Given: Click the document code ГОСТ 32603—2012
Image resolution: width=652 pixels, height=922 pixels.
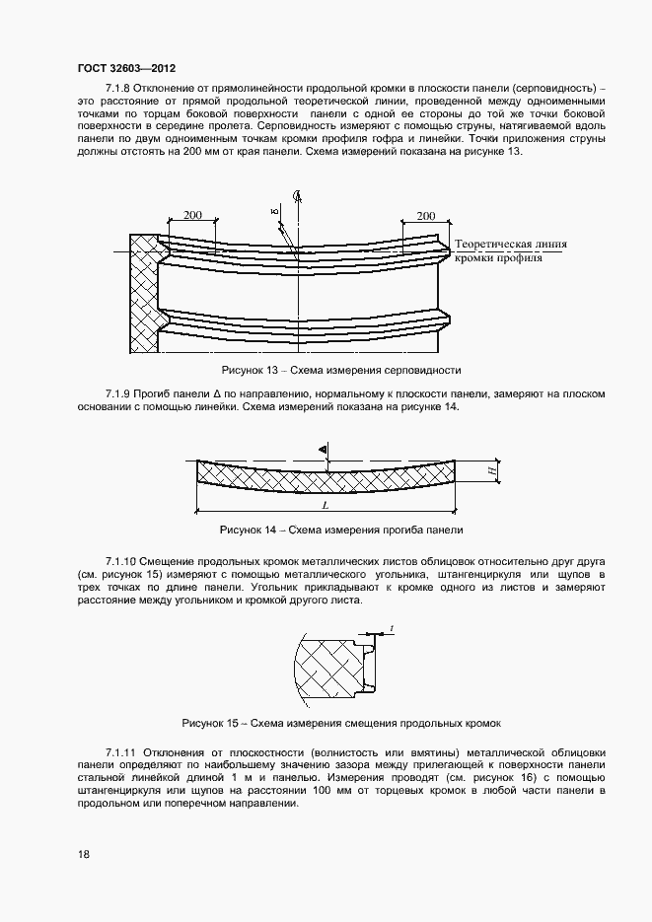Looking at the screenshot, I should [x=126, y=70].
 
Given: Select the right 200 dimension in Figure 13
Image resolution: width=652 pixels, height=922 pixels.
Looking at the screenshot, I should [x=425, y=215].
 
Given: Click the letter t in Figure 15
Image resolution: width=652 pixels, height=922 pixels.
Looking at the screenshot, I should [x=392, y=627].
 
